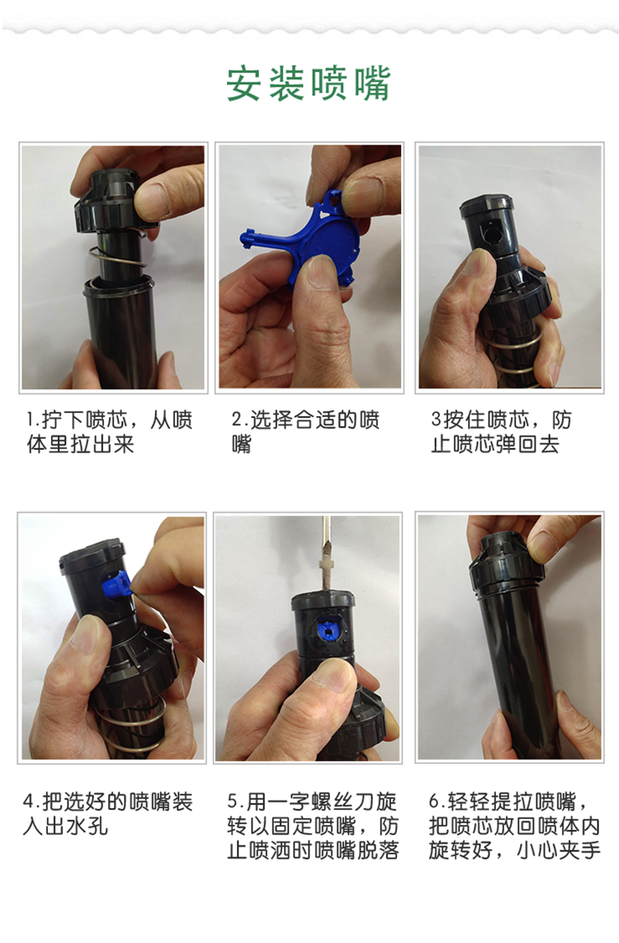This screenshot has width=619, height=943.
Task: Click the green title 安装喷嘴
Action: point(309,83)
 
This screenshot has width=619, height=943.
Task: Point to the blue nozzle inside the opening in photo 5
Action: point(328,629)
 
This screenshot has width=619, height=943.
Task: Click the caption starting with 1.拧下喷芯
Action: point(109,431)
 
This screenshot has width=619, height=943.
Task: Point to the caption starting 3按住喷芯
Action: point(501,431)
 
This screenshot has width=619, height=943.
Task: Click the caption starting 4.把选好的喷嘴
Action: point(107,813)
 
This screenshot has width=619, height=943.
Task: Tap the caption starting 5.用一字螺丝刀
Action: point(313,826)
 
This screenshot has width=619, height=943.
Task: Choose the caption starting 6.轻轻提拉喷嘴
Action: point(514,826)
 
